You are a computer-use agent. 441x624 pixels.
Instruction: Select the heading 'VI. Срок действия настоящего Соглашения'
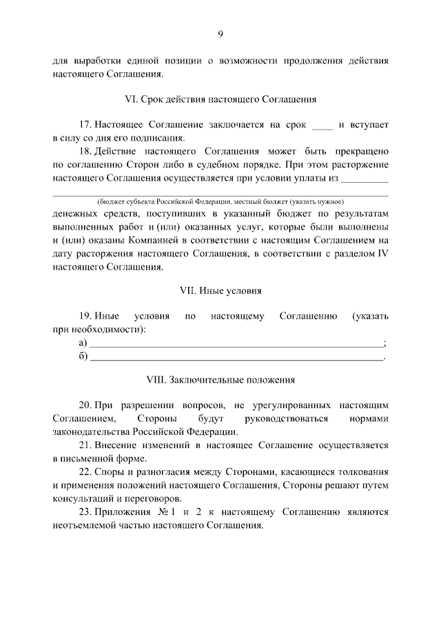click(x=220, y=99)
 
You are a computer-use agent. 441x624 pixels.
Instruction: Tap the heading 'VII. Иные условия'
click(x=220, y=291)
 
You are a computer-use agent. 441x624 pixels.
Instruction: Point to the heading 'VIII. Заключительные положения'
click(x=220, y=379)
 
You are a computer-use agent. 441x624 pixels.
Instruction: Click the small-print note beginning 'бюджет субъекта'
click(x=220, y=202)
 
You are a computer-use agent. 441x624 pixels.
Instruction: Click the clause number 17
click(x=85, y=125)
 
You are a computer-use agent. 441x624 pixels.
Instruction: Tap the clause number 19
click(x=85, y=316)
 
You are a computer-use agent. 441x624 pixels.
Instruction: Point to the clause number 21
click(x=85, y=445)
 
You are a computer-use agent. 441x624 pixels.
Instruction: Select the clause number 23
click(x=85, y=512)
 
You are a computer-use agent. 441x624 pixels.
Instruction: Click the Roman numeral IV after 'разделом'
click(x=382, y=253)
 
